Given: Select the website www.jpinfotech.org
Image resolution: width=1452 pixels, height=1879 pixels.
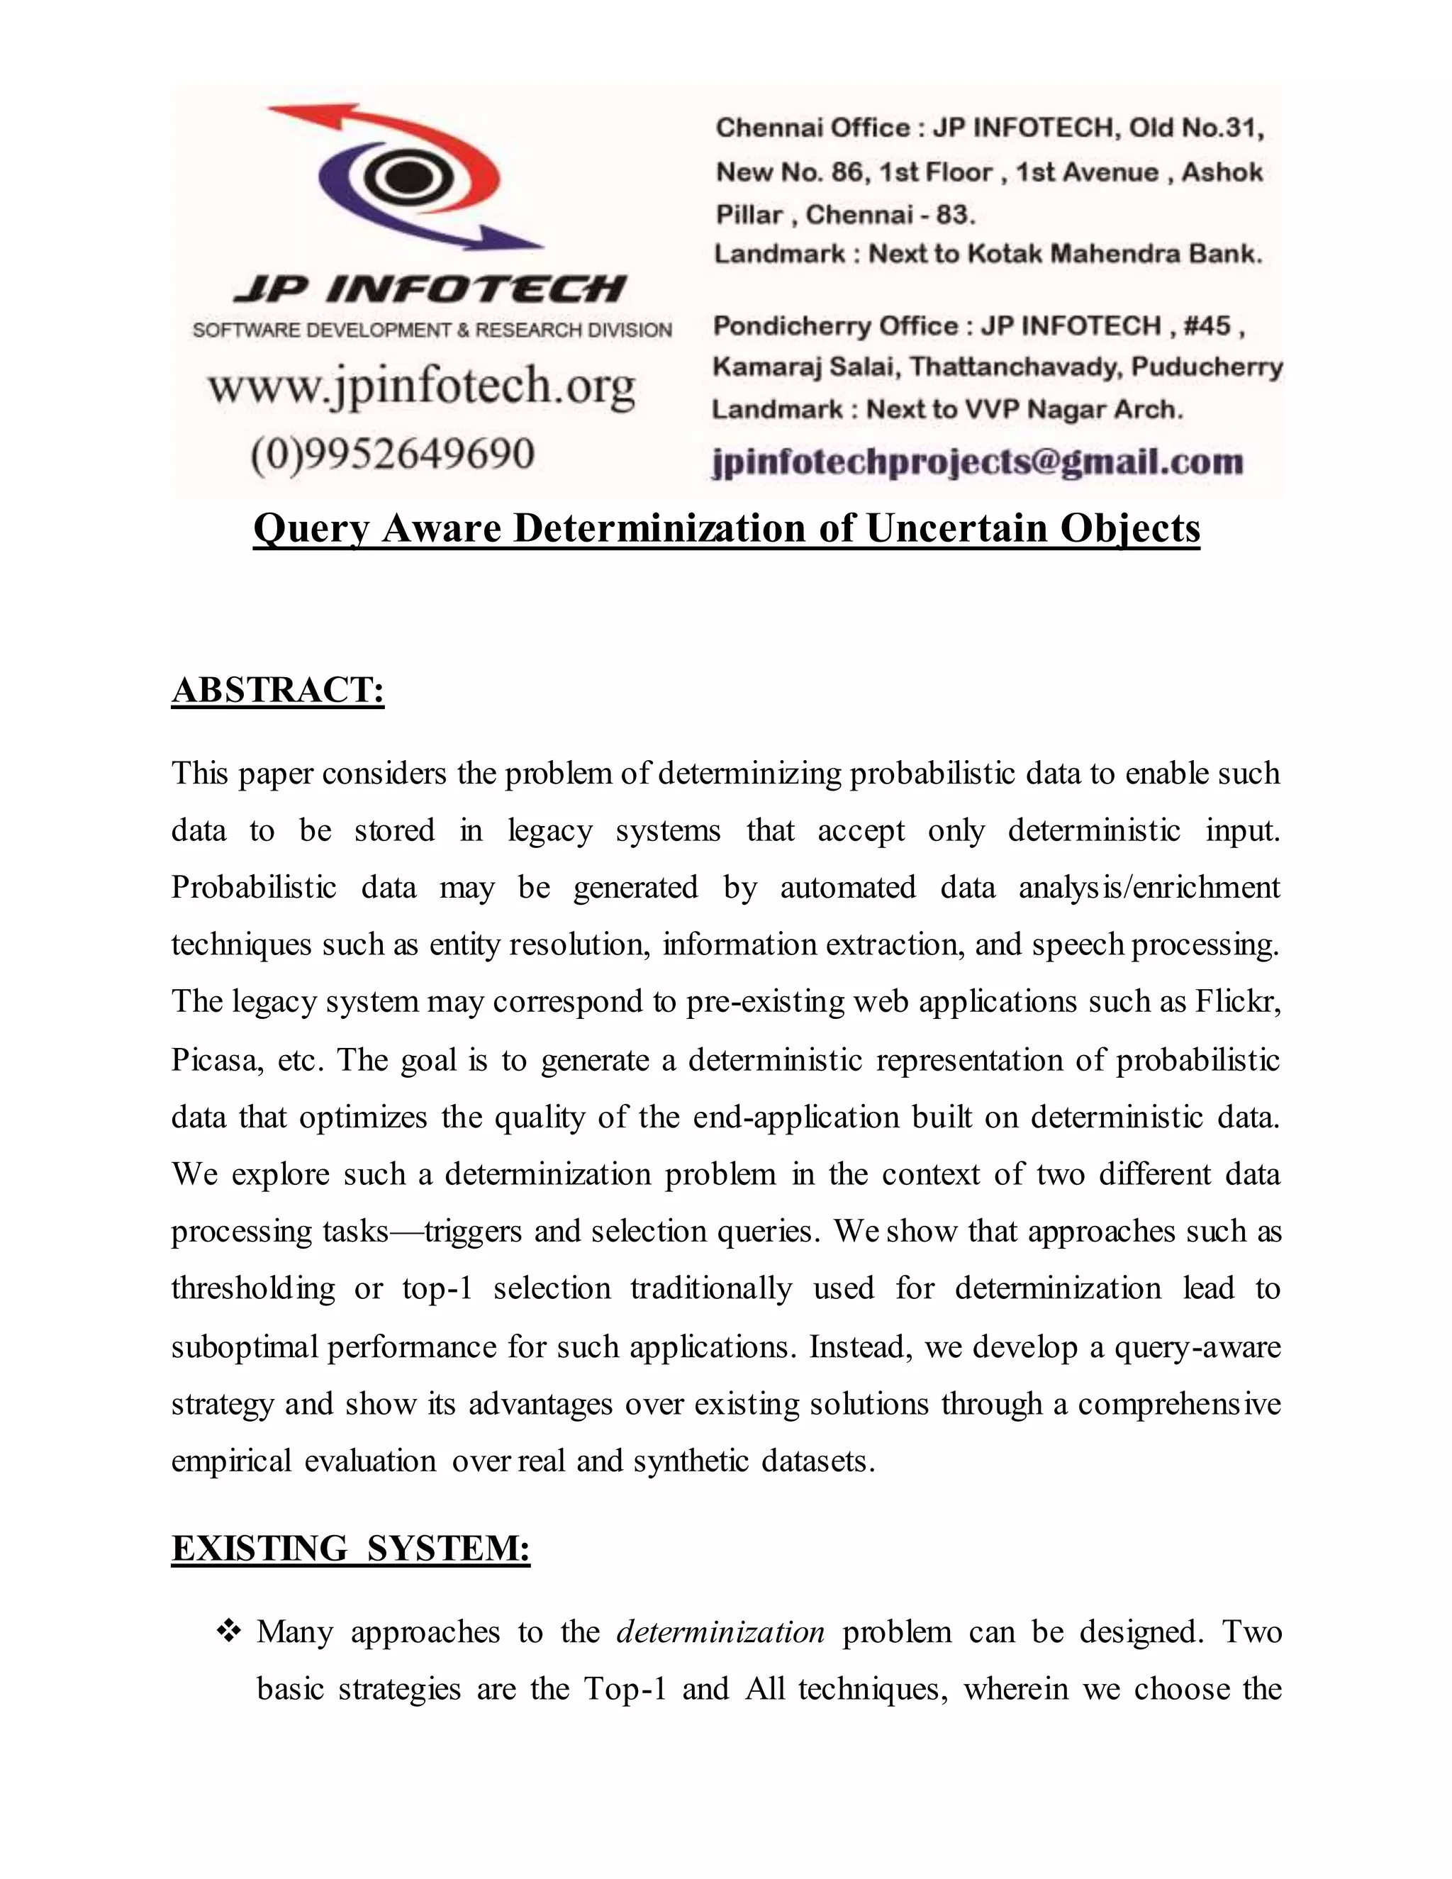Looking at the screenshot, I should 422,386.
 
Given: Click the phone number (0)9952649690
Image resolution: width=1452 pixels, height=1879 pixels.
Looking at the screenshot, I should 393,453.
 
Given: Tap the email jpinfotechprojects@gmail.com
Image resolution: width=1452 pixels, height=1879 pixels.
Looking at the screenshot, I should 977,462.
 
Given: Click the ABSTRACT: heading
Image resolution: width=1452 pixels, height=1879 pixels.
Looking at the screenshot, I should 277,691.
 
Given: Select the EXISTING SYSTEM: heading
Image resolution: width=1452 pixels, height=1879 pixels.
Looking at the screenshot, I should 350,1548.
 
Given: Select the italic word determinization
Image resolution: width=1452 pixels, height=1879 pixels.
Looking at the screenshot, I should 720,1632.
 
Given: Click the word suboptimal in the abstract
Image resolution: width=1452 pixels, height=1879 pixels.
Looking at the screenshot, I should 245,1346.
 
